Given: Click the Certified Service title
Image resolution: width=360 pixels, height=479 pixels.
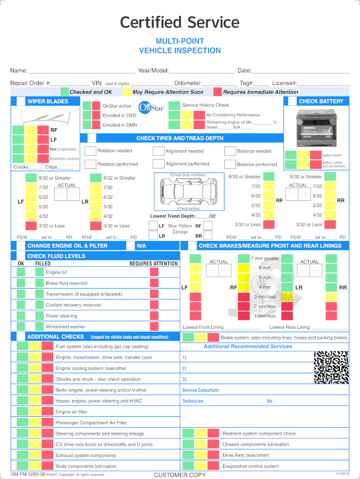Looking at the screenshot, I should pos(180,22).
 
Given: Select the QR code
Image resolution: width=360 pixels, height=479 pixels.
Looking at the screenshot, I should pos(331,368).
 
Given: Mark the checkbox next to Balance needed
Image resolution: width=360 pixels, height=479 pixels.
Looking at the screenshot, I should pos(230,151).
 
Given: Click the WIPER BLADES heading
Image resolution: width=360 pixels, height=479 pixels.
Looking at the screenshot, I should pos(48,102).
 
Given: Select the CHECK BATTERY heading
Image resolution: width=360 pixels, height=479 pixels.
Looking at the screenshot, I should pos(321,102).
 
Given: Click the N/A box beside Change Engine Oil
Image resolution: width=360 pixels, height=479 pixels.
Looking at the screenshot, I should pos(141,246).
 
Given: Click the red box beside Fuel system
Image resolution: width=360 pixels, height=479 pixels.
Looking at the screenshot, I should pos(47,346).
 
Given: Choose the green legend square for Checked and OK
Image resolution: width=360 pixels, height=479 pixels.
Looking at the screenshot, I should pos(64,92).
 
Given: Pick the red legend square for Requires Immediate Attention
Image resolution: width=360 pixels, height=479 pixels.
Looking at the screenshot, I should pos(217,92).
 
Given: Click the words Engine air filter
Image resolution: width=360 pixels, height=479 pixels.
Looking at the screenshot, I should pos(72,412).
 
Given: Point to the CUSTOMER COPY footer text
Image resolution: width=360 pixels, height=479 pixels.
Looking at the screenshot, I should pos(180,475).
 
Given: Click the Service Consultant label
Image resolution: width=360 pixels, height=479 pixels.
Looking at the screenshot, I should pos(201,390).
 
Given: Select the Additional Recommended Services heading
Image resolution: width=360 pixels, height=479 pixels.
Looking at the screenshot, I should pos(248,347).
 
